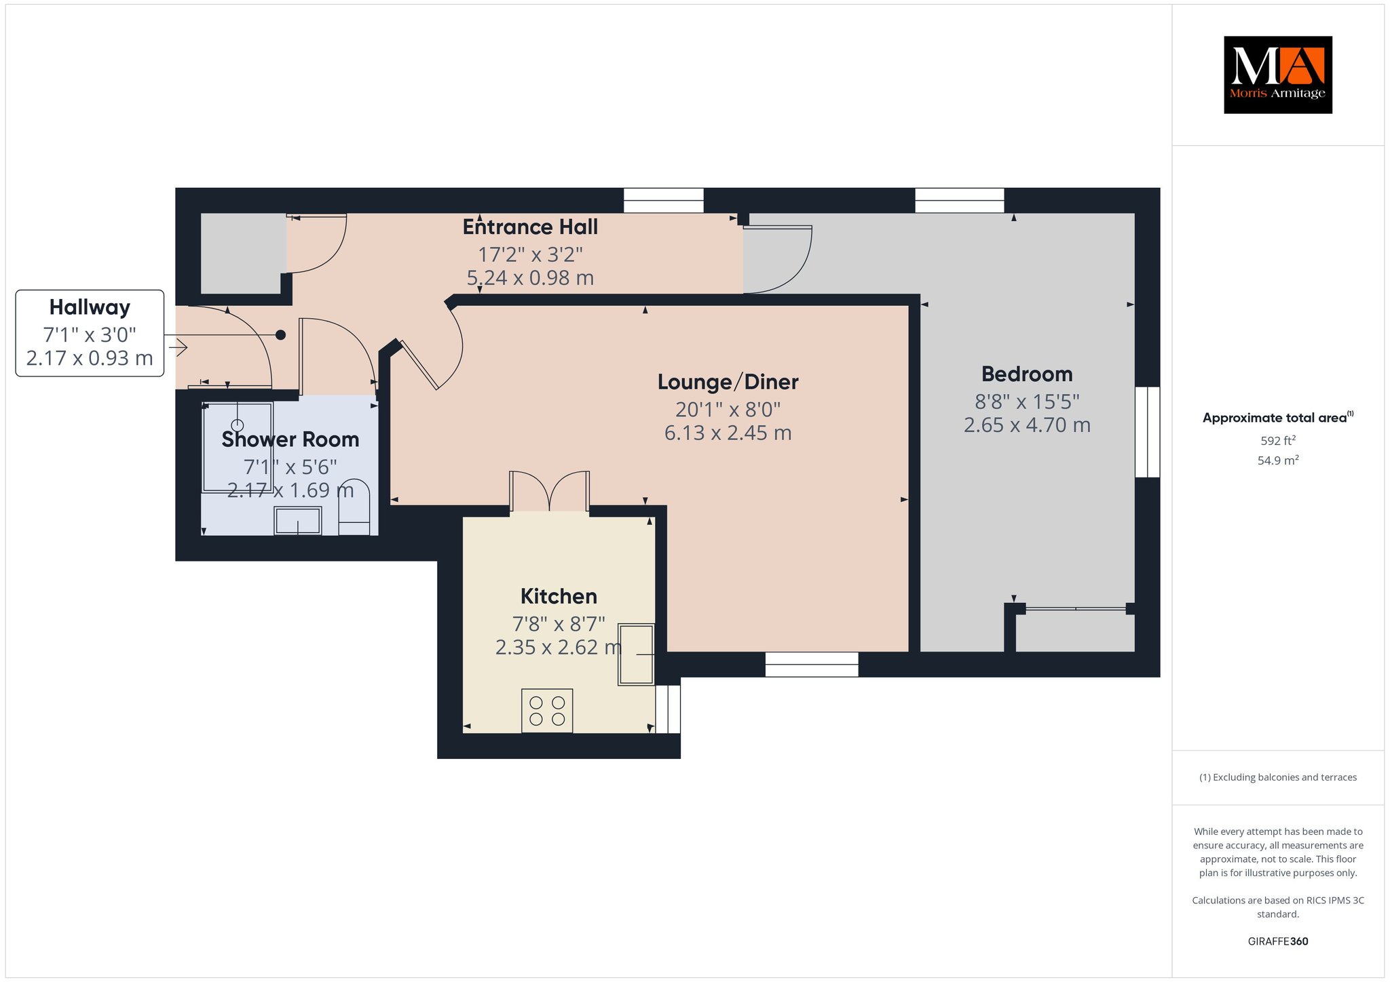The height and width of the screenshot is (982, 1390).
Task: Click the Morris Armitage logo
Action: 1277,75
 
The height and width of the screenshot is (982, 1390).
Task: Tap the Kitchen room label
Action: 559,596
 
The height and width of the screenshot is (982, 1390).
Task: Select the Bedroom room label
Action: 1027,374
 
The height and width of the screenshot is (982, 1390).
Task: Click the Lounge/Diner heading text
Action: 728,382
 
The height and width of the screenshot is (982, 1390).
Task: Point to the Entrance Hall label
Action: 530,227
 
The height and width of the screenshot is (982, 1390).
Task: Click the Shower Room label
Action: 290,439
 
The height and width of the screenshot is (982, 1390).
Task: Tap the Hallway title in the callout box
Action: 90,307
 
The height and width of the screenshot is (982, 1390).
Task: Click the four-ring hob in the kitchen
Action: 547,711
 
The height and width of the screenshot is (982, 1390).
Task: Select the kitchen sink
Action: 636,654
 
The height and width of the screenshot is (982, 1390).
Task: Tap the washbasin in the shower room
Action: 297,521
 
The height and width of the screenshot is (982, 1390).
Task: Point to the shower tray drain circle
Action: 238,425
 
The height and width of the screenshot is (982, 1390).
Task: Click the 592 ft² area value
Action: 1278,441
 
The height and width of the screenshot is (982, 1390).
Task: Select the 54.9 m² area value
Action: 1278,460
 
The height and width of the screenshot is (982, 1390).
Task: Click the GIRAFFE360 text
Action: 1278,941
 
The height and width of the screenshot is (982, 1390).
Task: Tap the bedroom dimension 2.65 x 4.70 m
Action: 1027,425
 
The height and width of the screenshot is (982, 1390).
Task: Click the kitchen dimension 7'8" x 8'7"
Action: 559,623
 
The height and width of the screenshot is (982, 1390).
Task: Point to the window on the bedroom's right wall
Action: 1148,432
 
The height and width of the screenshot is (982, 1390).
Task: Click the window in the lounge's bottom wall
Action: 812,665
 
